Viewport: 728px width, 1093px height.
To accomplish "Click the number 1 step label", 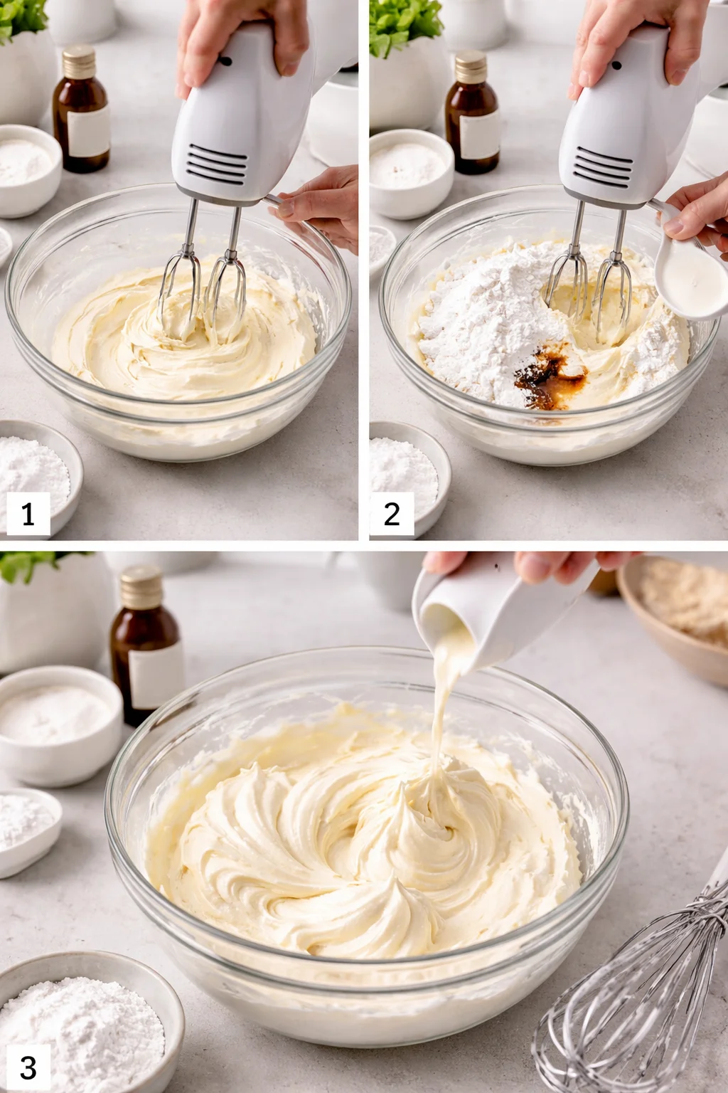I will [x=28, y=513].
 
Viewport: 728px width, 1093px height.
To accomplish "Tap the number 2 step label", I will [x=392, y=513].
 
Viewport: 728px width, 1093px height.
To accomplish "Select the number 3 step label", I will [x=28, y=1067].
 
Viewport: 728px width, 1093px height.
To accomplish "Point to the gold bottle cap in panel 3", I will [x=141, y=586].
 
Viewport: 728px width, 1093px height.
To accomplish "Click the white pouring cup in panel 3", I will [x=498, y=605].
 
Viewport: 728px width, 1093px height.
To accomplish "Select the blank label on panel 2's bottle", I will [x=479, y=135].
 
